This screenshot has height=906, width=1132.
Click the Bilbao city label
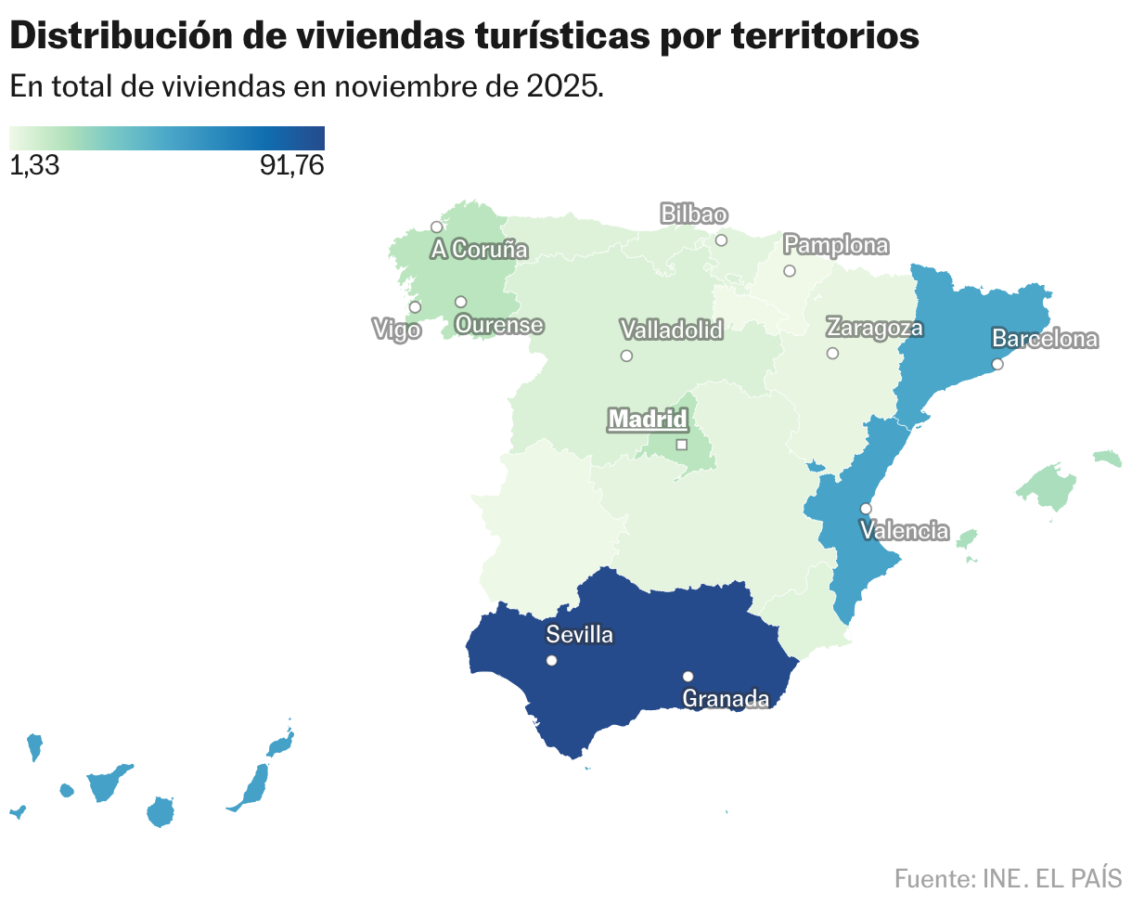693,214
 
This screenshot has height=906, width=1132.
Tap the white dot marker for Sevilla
551,661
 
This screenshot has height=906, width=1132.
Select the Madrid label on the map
648,420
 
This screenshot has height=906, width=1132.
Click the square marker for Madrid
681,445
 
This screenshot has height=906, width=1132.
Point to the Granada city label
726,699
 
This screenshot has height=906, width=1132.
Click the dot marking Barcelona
997,365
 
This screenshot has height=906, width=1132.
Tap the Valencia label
905,531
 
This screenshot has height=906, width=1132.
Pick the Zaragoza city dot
832,353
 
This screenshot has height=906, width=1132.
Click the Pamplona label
836,246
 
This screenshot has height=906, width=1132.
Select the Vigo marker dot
415,307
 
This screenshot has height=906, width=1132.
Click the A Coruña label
479,250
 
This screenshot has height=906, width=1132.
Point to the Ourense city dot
460,302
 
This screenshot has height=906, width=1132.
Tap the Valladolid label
672,330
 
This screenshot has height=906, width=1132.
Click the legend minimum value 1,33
34,166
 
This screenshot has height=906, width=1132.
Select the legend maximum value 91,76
292,166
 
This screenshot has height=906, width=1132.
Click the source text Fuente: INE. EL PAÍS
1008,878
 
